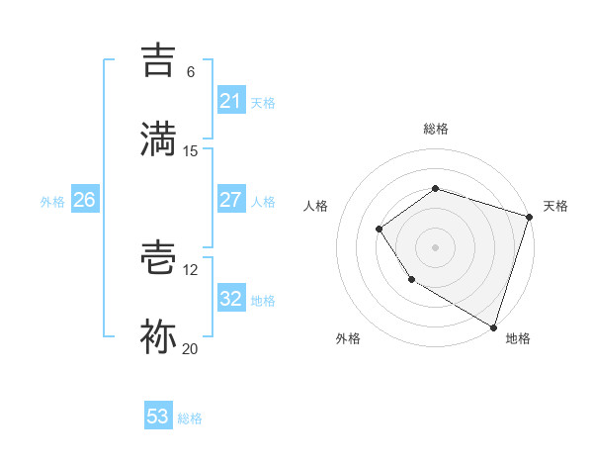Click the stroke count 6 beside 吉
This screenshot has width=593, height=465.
(x=191, y=72)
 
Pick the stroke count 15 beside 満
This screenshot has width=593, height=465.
(x=191, y=150)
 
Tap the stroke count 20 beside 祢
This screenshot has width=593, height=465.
(x=191, y=348)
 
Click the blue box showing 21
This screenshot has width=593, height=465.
(x=230, y=101)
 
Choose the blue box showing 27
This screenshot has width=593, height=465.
(x=230, y=199)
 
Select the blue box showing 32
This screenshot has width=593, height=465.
(x=230, y=299)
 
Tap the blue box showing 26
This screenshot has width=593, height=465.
(x=84, y=200)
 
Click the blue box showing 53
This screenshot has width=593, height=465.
(x=158, y=417)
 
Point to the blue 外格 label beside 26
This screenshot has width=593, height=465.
(x=52, y=202)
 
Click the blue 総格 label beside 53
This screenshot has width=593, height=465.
(x=190, y=418)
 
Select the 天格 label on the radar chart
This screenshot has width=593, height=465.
(x=555, y=206)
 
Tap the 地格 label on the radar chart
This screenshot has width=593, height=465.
(x=518, y=338)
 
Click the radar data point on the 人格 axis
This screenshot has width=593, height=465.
(x=379, y=230)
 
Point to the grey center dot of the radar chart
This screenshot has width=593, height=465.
(x=435, y=246)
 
